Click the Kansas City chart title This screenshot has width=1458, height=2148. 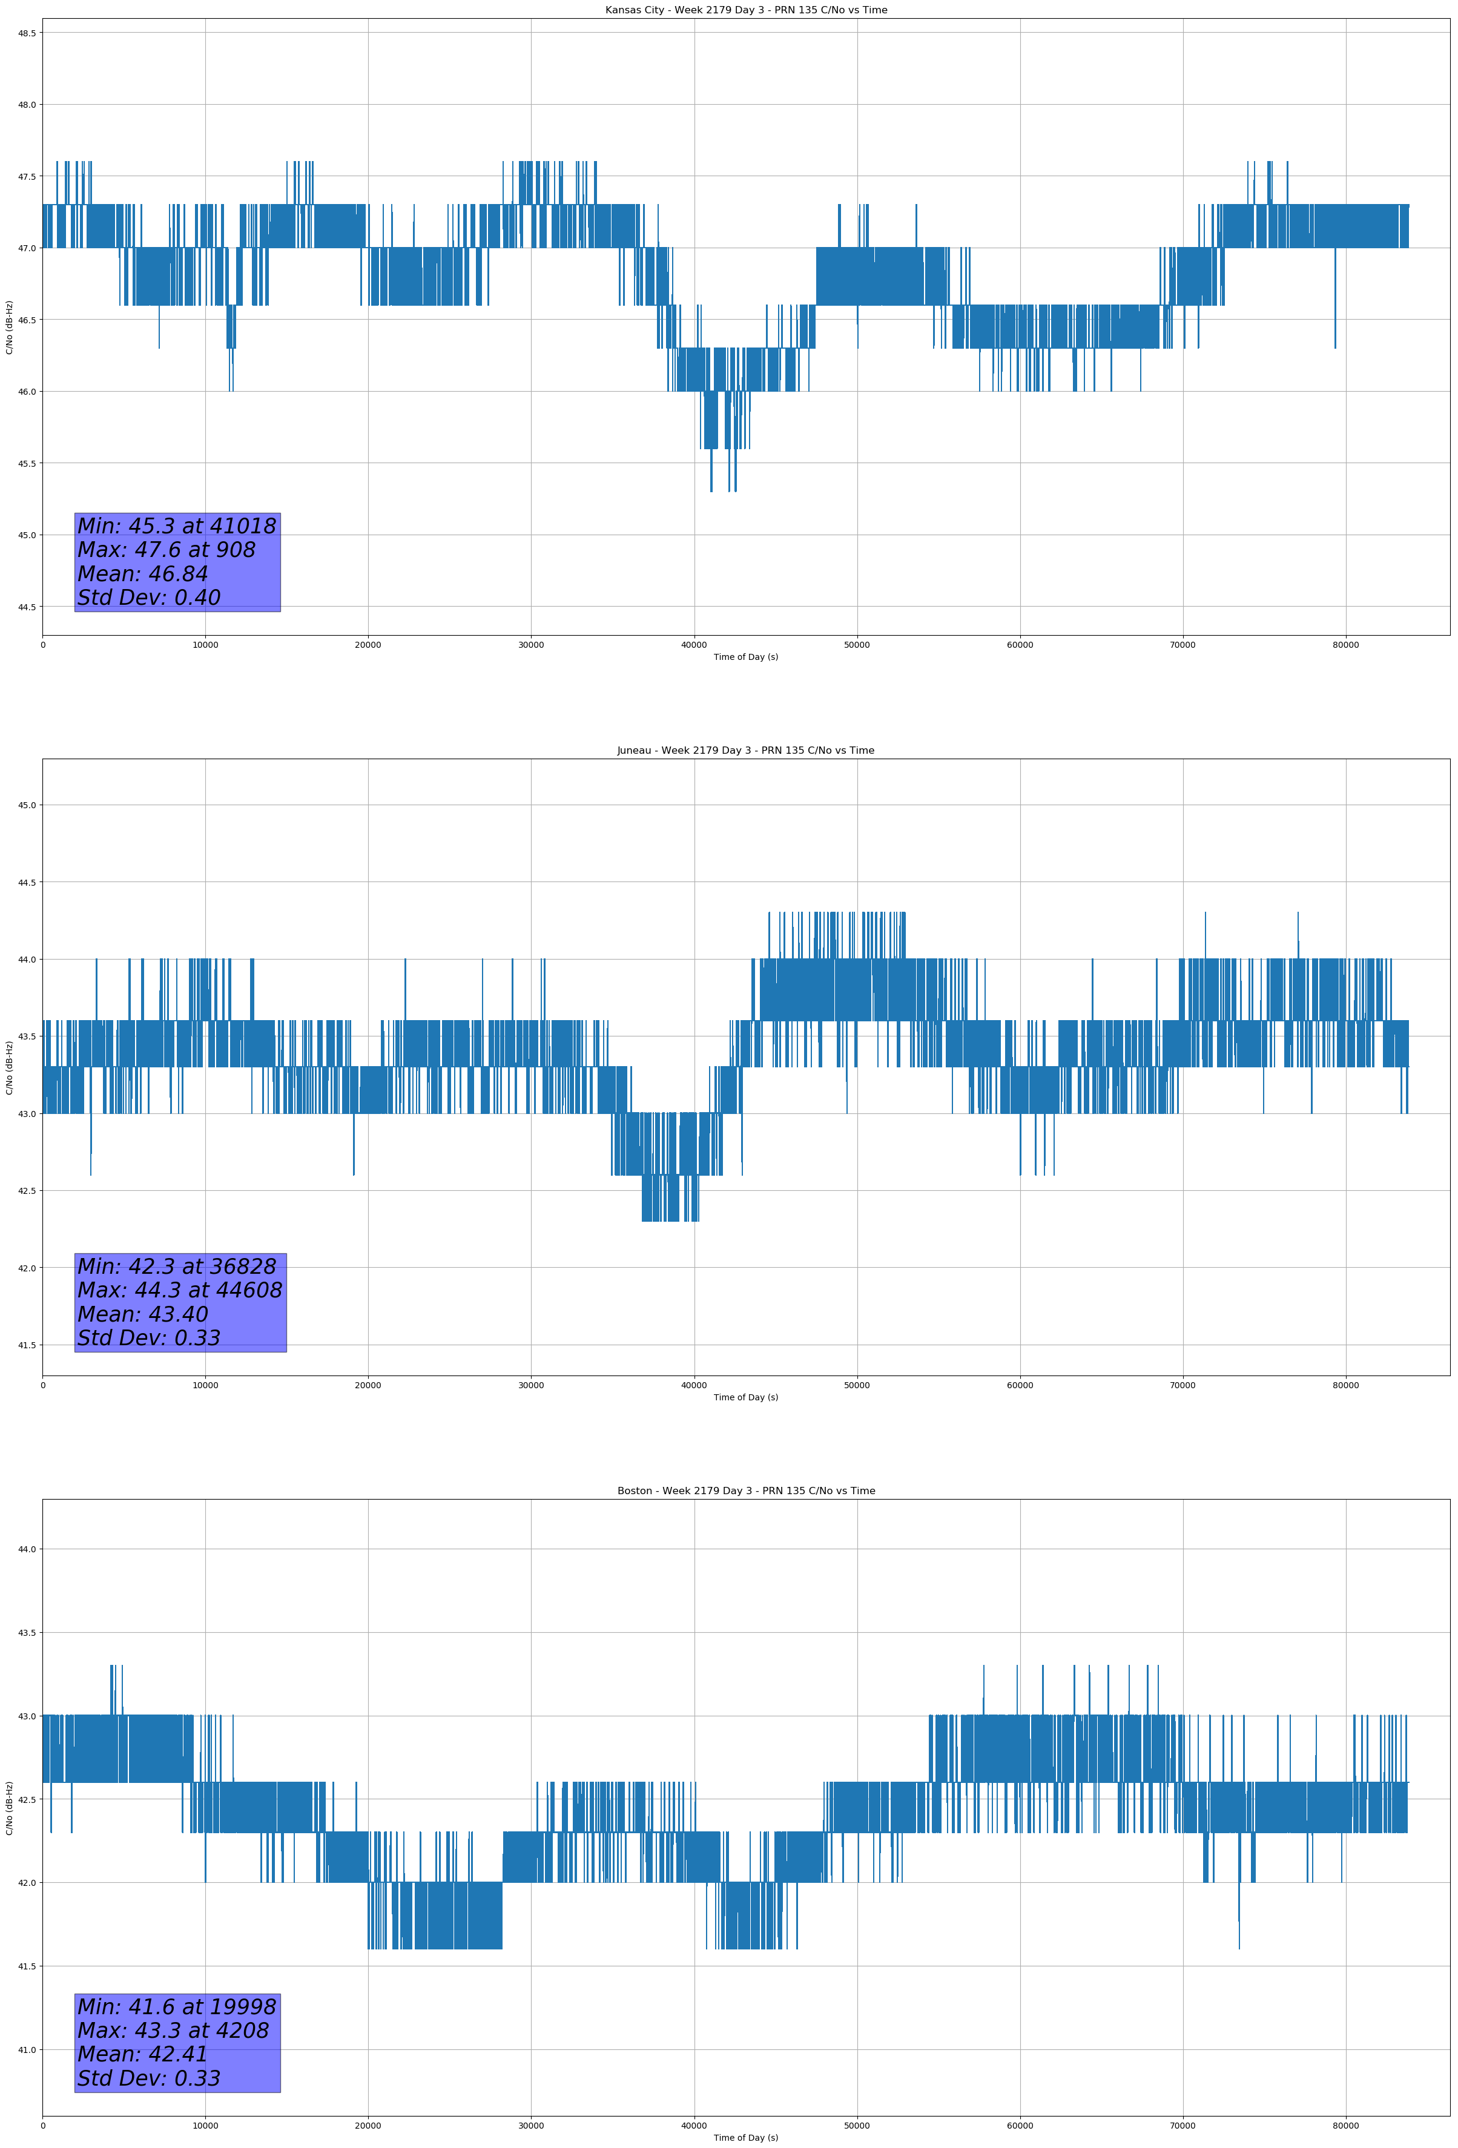point(745,10)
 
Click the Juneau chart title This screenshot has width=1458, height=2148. point(745,751)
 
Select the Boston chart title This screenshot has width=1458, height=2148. point(745,1491)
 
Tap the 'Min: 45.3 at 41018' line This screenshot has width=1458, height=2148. point(177,526)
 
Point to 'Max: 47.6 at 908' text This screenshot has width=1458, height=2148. point(167,550)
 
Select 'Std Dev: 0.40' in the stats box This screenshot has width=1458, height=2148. point(149,598)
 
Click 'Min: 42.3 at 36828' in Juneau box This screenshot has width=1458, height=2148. point(177,1267)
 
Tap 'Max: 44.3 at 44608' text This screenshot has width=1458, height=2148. point(179,1290)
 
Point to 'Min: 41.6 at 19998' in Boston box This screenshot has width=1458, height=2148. point(177,2006)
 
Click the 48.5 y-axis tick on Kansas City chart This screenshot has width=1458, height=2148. point(27,33)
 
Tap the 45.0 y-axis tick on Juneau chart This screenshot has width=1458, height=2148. point(27,805)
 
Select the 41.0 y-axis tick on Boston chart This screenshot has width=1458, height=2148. point(27,2050)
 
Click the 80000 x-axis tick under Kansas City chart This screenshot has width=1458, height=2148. point(1345,645)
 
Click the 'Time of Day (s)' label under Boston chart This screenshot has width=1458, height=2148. point(745,2138)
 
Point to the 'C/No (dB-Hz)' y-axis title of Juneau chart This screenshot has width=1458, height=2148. point(9,1067)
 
